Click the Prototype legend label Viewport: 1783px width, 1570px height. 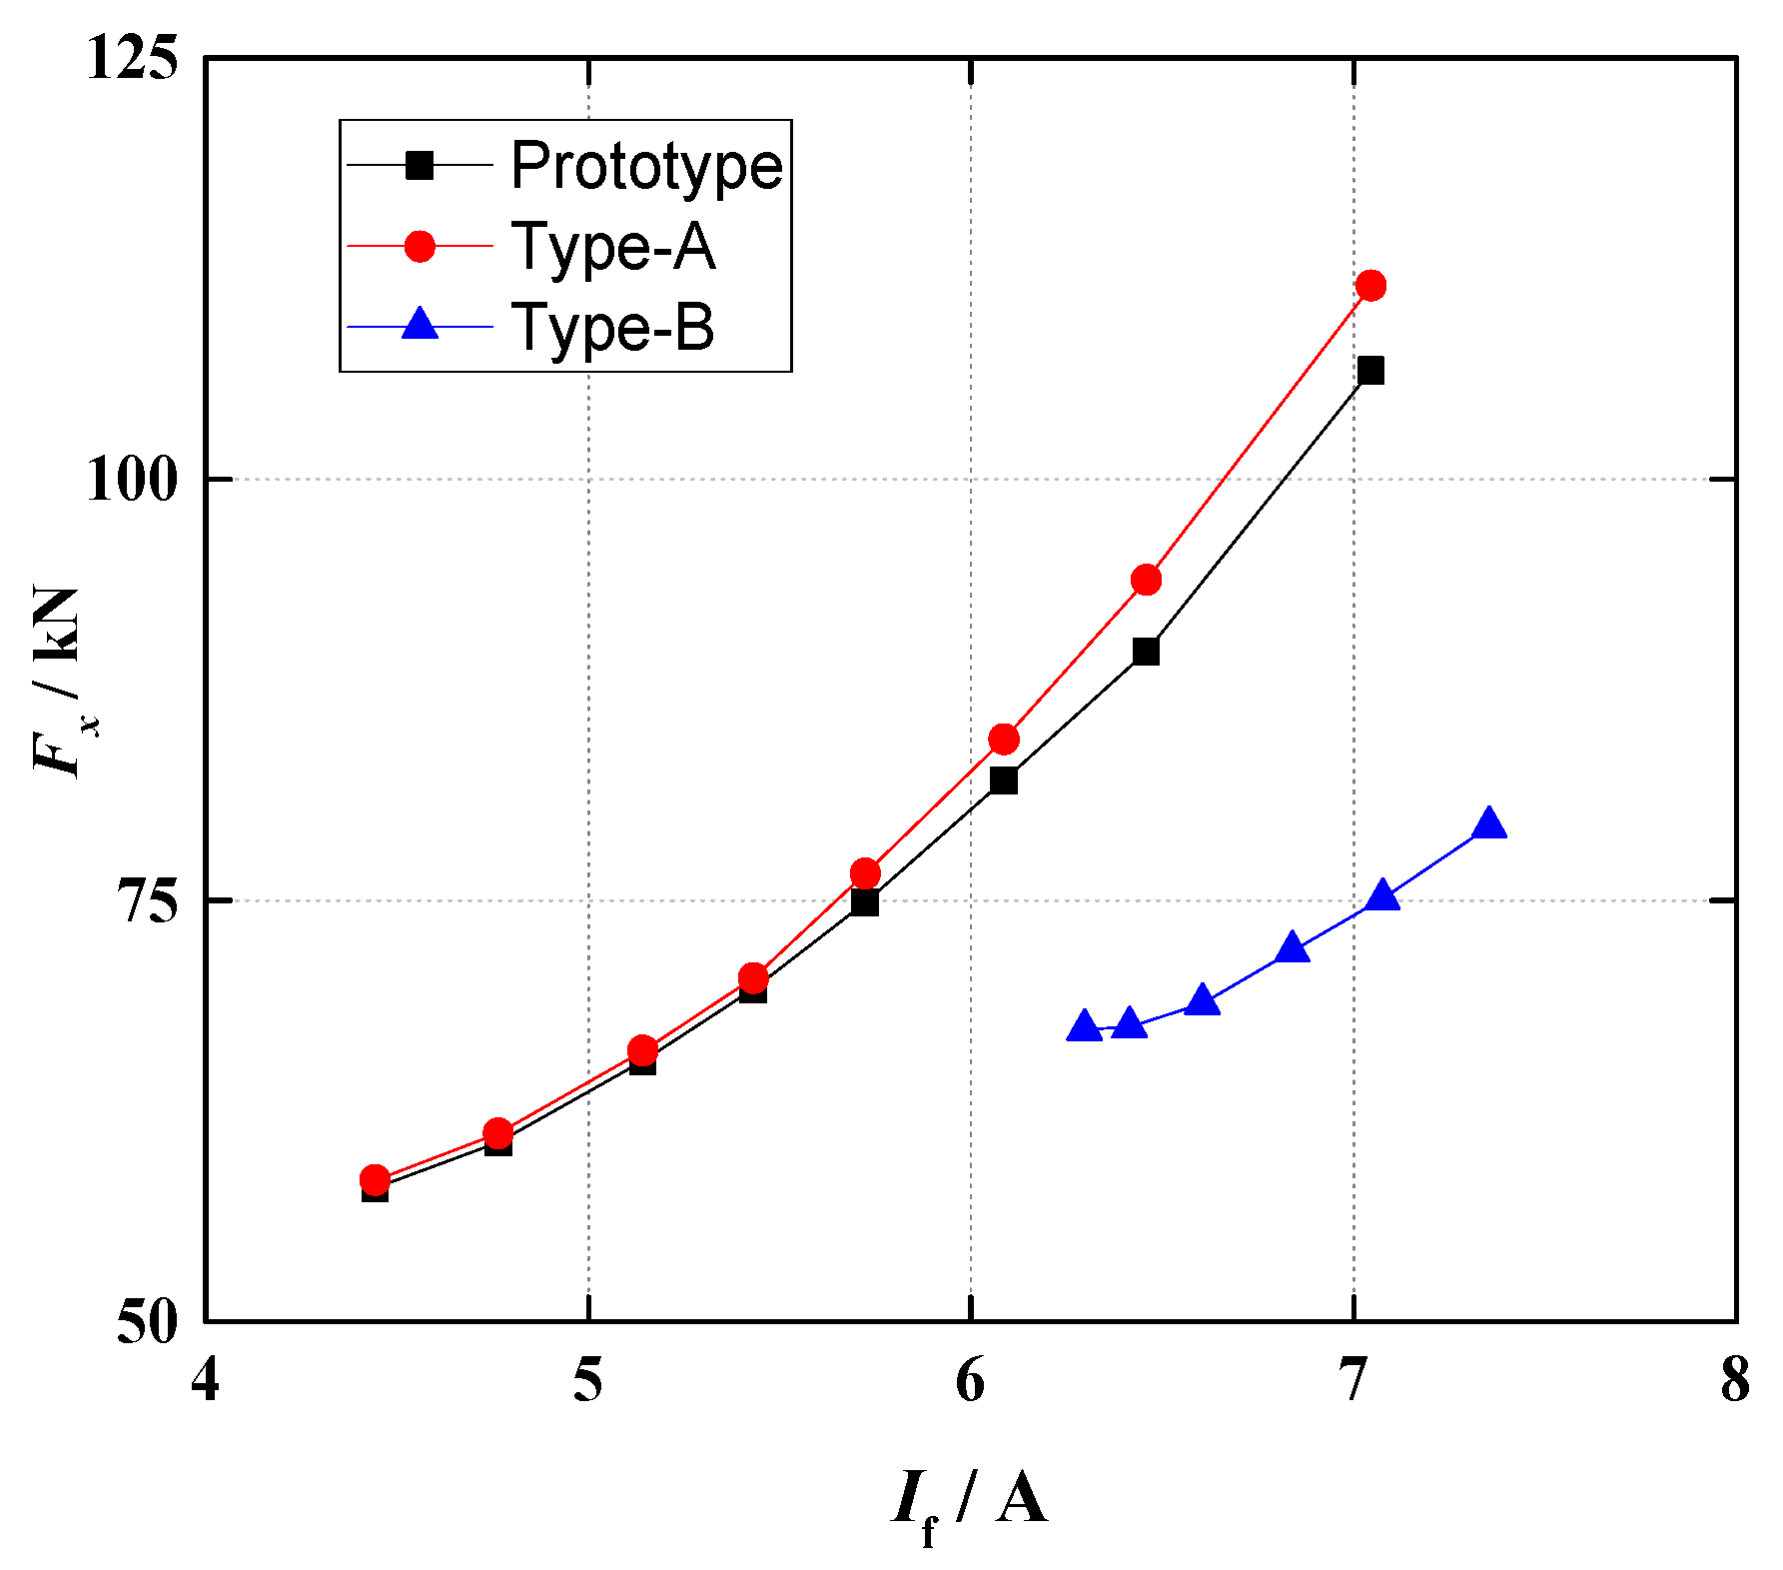tap(645, 165)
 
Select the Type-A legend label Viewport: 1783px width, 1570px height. tap(612, 246)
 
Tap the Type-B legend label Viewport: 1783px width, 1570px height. tap(612, 327)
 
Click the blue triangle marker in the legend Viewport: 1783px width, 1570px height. tap(421, 325)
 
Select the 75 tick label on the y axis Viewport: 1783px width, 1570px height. tap(147, 901)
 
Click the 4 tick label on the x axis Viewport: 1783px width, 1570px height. tap(205, 1382)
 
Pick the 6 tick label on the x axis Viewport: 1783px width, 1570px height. tap(971, 1382)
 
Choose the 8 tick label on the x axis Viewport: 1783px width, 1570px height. tap(1736, 1382)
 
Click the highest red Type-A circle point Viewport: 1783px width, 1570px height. tap(1371, 286)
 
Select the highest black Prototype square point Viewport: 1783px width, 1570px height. tap(1371, 371)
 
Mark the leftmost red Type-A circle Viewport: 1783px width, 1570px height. tap(375, 1180)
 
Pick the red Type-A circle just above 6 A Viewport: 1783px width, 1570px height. tap(1004, 740)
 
